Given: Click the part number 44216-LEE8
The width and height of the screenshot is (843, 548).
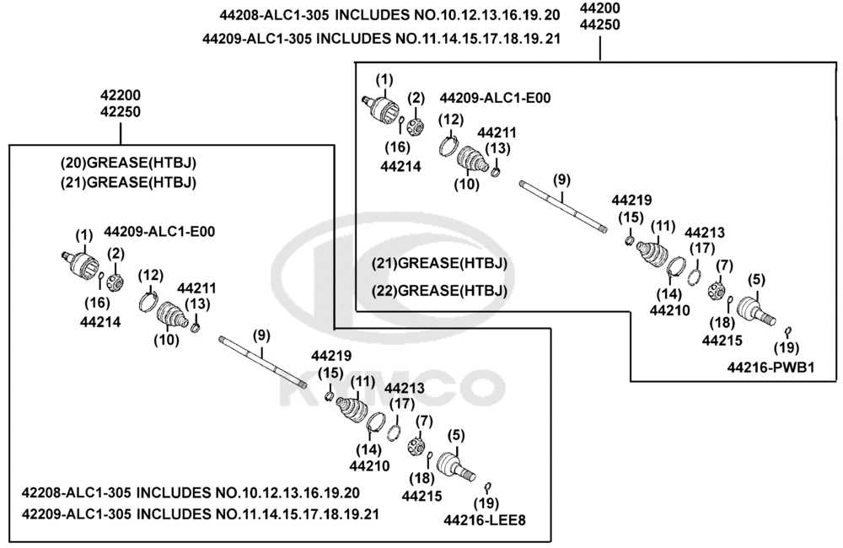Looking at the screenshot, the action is pos(485,520).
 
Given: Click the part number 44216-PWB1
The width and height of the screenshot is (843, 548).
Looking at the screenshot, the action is pos(771,368).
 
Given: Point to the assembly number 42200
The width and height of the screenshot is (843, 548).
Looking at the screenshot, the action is pos(121,95).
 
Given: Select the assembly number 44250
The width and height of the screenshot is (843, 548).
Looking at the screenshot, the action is pos(599,24).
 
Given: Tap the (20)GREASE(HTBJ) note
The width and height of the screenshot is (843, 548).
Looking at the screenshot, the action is pos(128,163).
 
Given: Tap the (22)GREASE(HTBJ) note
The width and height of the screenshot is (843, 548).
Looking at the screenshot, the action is pos(439,290).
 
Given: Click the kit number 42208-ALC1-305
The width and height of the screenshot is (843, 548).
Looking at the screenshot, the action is pos(76,492).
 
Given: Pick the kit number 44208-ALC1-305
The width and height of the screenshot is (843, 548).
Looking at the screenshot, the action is pos(274,15).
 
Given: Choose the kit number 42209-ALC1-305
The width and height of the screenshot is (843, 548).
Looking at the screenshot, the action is pos(76,514).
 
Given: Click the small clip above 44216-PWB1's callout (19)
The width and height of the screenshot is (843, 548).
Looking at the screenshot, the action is pos(789,330).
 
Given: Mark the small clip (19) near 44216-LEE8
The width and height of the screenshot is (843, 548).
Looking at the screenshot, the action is pos(488,487).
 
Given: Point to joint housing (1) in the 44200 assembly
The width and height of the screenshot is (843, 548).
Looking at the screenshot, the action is pos(381,108).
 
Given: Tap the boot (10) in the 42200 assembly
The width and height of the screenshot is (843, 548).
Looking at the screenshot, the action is pos(170,314).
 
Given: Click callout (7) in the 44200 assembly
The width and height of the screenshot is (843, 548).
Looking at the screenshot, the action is pos(724,265).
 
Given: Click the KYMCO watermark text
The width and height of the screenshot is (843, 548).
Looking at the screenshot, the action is pos(393,390).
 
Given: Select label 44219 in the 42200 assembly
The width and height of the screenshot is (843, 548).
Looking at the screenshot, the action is pos(331,356).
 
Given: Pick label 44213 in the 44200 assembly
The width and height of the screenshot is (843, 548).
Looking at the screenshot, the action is pos(704,233).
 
